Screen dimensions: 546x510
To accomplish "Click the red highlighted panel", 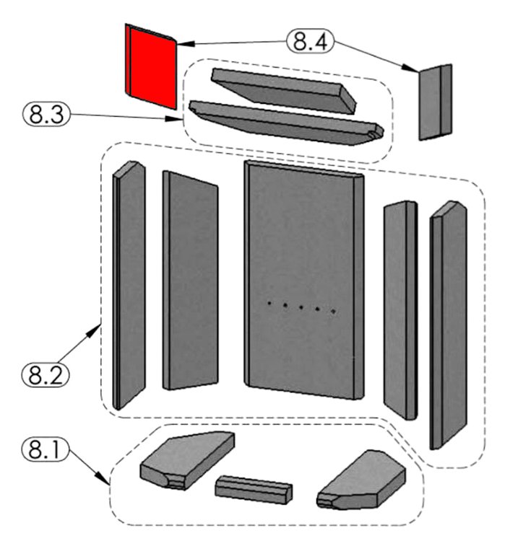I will [151, 66].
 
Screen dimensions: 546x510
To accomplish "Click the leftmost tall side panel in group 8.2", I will [129, 285].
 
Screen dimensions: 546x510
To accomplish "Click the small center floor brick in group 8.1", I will [254, 490].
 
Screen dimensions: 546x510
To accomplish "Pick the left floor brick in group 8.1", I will [186, 462].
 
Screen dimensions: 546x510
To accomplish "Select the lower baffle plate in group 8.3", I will [282, 123].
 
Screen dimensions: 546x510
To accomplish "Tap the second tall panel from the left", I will [190, 281].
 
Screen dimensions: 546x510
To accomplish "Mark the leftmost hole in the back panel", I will [269, 304].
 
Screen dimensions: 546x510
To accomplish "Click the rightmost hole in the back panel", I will [334, 312].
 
